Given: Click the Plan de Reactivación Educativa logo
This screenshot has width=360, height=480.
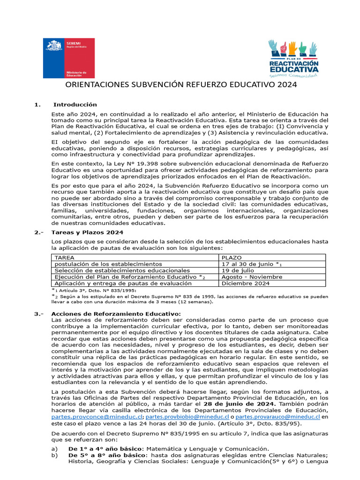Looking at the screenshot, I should coord(293,58).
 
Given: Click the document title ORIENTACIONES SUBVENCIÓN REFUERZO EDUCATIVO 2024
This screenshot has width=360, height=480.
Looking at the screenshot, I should coord(180,86).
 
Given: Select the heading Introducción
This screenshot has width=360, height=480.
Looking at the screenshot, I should coord(75,105).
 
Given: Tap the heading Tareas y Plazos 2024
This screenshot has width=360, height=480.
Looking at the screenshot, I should coord(87,232).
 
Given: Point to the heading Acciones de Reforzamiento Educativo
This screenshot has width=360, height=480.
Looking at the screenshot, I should coord(116,314).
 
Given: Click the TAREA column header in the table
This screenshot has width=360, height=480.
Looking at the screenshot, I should coord(65,258).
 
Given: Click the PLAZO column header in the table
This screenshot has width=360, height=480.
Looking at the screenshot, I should coord(232,258).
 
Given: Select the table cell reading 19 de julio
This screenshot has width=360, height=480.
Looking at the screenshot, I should coord(238,270).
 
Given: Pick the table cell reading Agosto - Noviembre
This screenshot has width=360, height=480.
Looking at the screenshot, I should coord(252,277).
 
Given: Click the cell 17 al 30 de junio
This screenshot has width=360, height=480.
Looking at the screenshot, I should coord(249,264).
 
